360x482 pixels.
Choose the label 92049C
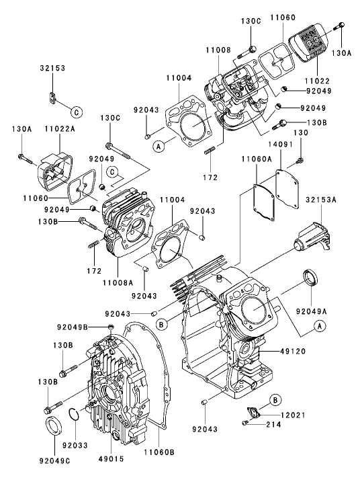pyautogui.click(x=54, y=462)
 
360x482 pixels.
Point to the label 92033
pyautogui.click(x=75, y=444)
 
